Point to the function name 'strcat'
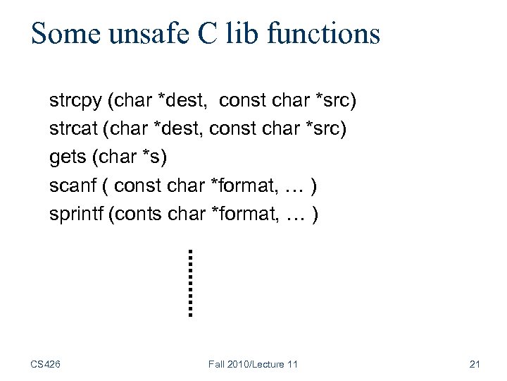pos(74,129)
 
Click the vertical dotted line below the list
pos(190,282)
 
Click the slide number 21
pos(474,364)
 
